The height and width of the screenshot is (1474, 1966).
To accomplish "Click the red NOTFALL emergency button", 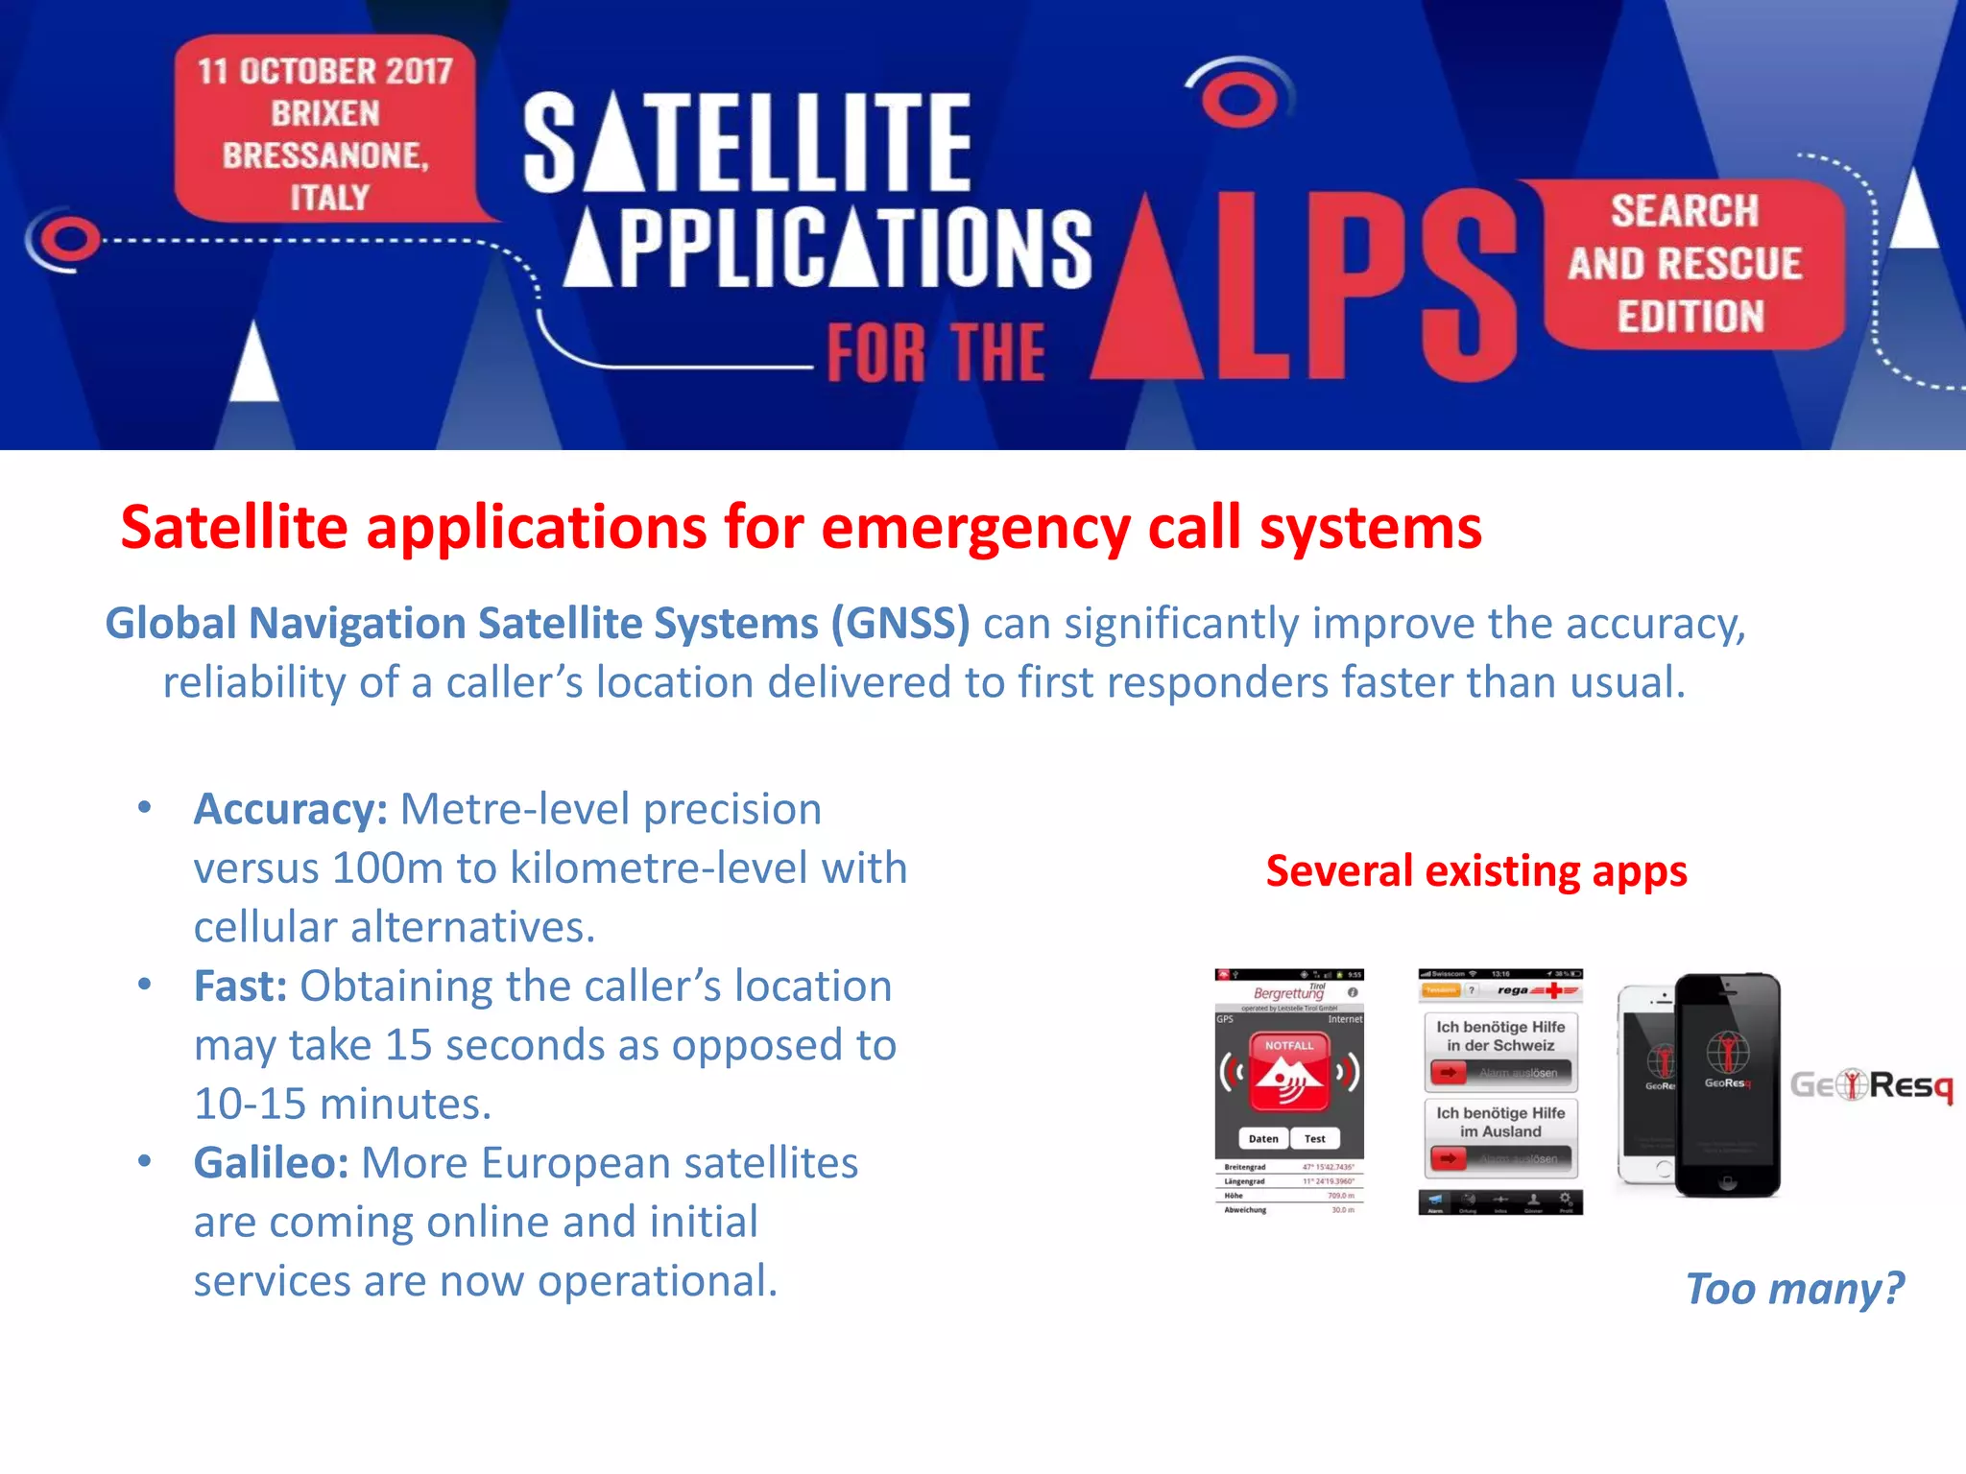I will coord(1289,1072).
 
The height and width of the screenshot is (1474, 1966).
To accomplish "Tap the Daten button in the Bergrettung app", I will coord(1263,1138).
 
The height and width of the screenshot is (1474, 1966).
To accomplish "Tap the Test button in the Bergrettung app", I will coord(1314,1138).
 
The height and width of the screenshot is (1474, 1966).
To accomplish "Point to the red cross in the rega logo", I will coord(1552,989).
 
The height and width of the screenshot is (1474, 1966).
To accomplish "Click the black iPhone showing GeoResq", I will coord(1727,1084).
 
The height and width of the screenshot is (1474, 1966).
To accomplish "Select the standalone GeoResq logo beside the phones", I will coord(1871,1085).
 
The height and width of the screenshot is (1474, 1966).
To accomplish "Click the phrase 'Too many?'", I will coord(1794,1288).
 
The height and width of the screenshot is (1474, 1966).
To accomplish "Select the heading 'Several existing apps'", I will coord(1475,871).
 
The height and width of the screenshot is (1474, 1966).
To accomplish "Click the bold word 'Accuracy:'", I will coord(290,809).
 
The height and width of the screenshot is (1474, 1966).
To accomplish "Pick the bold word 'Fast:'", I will coord(240,986).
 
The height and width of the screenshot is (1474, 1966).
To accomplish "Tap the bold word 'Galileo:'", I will coord(271,1162).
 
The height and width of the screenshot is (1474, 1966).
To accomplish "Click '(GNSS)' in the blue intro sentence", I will coord(899,624).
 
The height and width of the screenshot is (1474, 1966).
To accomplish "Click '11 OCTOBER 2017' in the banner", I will coord(324,71).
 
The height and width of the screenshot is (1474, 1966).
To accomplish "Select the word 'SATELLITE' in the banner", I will coord(748,142).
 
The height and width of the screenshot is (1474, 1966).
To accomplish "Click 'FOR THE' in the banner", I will coord(936,353).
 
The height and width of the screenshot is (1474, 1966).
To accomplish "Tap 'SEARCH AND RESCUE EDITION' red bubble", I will coord(1687,264).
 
